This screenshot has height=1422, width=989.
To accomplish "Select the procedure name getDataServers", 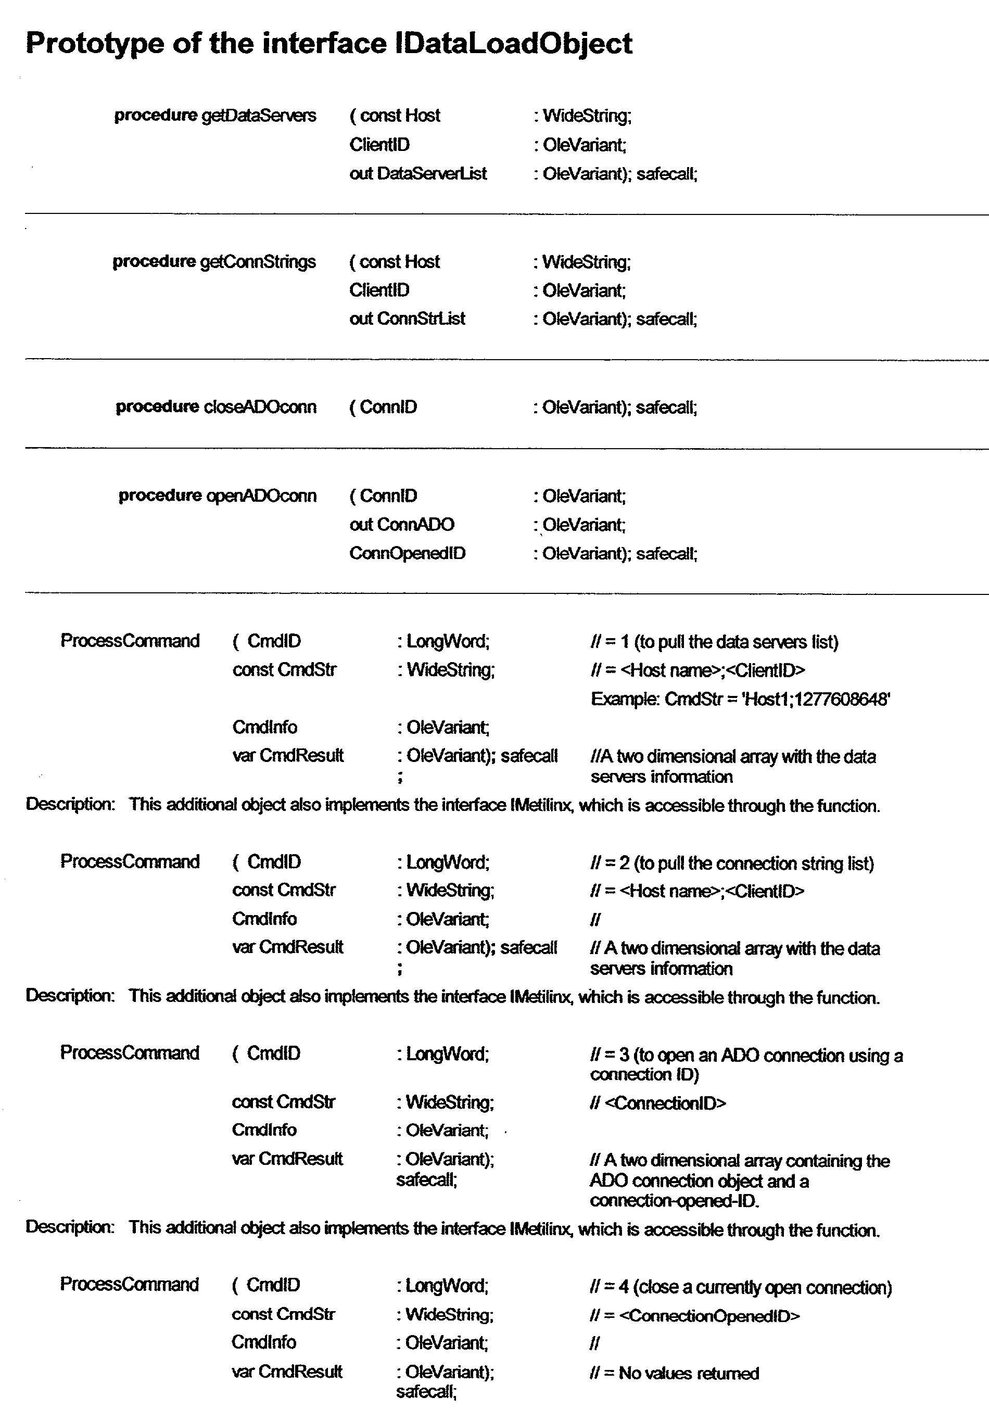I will [x=259, y=116].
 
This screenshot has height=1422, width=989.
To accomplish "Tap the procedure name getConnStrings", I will [x=258, y=262].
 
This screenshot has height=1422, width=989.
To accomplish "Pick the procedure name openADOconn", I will [x=261, y=496].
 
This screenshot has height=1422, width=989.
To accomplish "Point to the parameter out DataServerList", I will [x=418, y=173].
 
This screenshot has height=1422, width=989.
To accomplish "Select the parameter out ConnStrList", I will [x=407, y=319].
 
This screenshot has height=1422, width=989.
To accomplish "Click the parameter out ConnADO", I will [x=401, y=525].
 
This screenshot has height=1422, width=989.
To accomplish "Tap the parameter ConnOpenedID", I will [x=407, y=553].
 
